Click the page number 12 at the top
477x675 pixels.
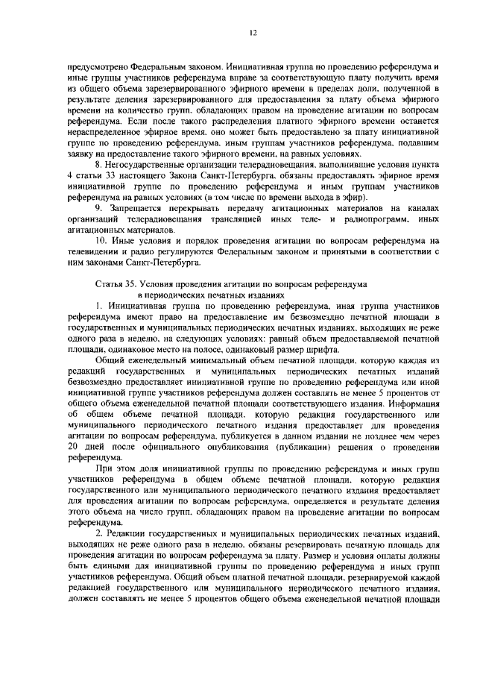pos(253,33)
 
